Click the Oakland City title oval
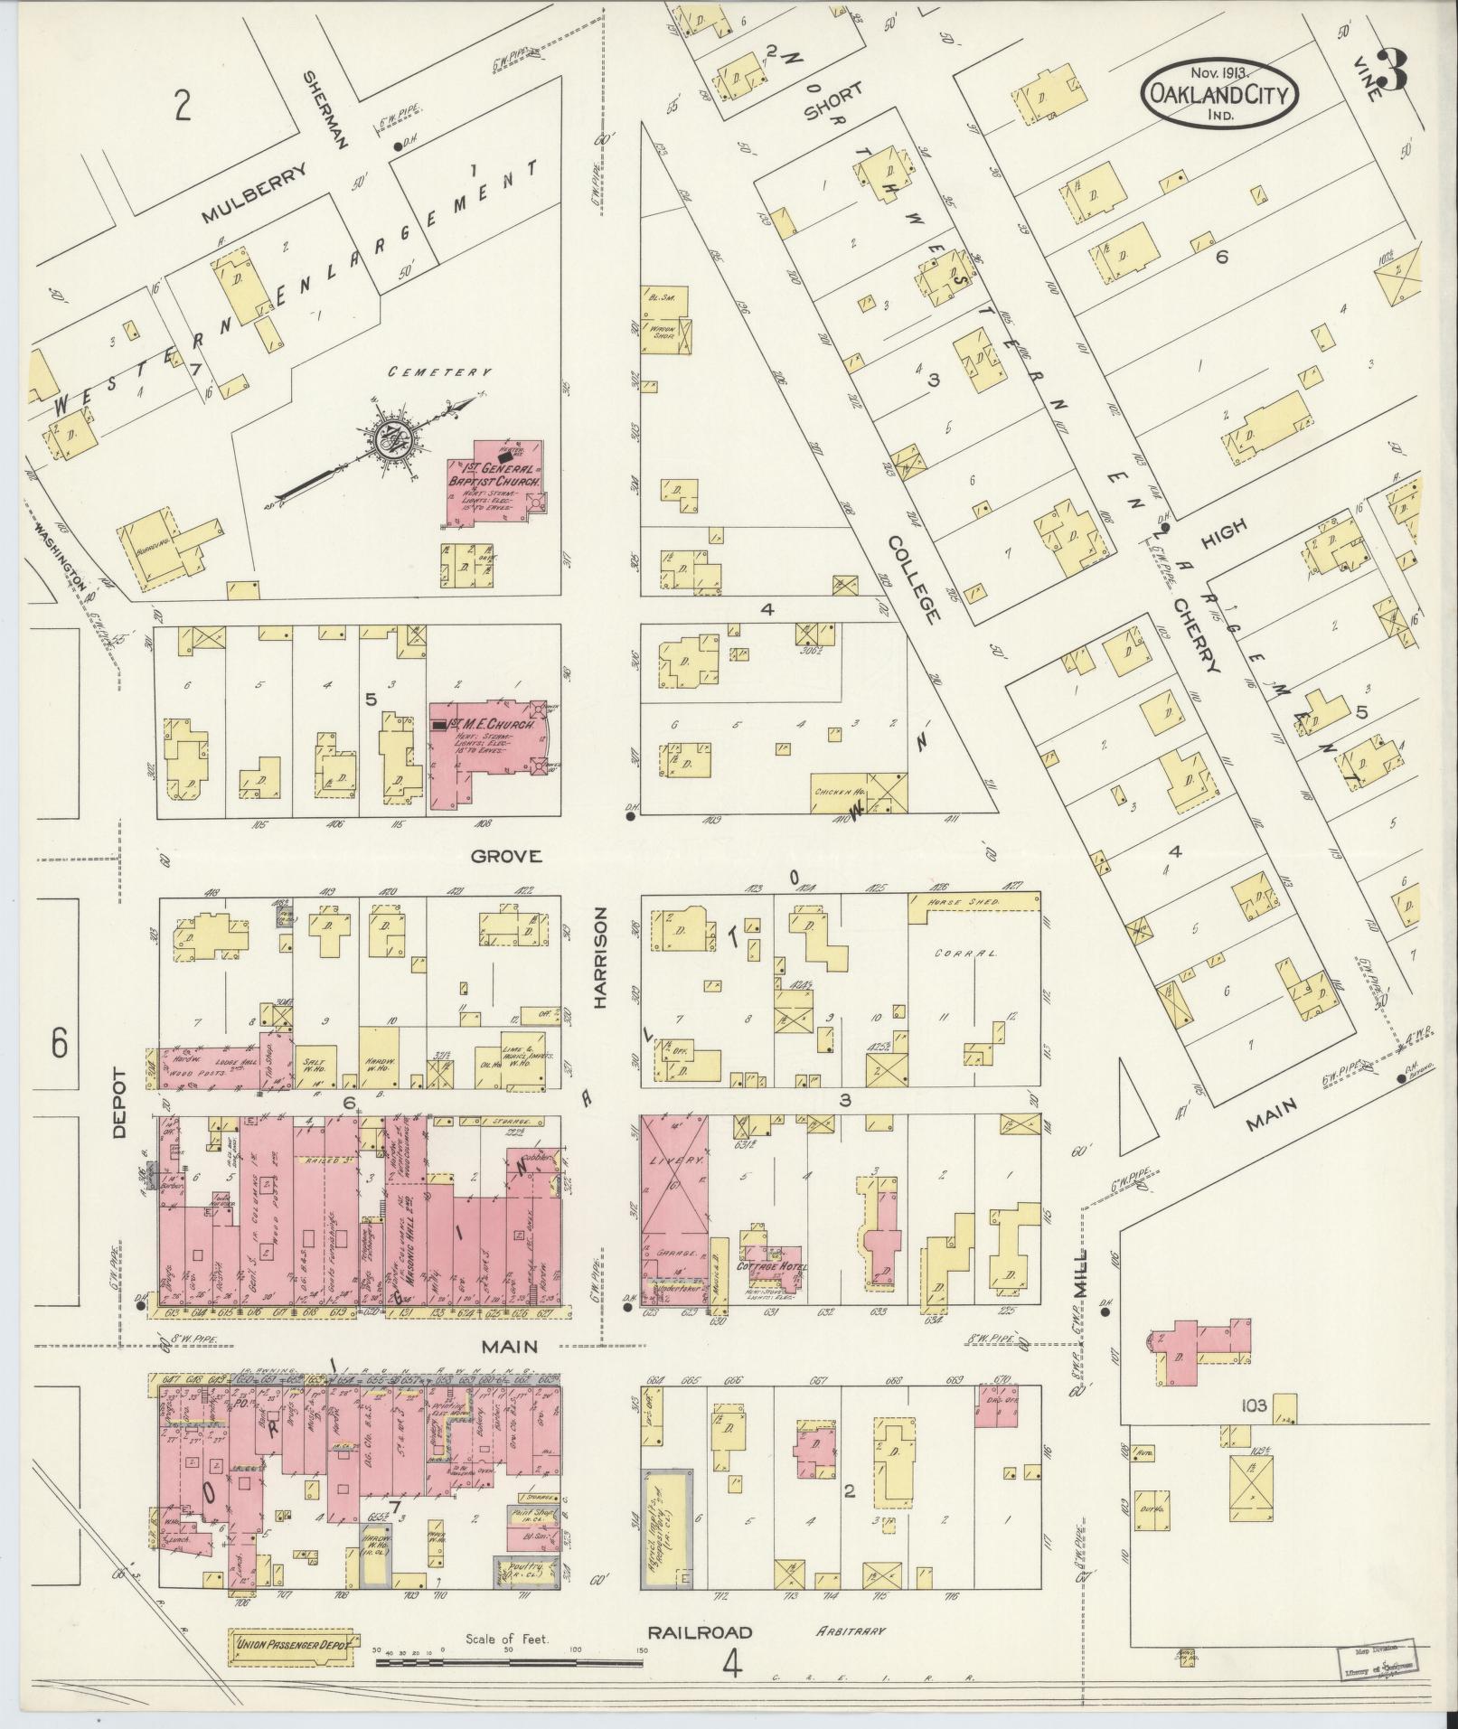1219,93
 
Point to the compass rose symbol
395,439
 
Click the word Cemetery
441,371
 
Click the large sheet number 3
1392,70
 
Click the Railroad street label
700,1606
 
